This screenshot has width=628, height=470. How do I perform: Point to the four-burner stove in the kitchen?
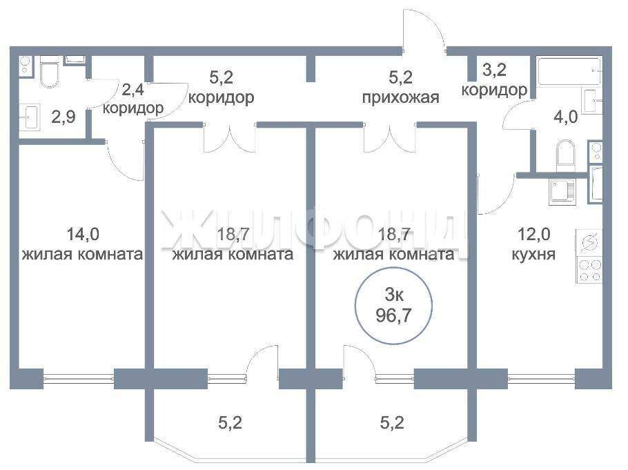[x=589, y=270]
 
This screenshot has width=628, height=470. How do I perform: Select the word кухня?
[x=533, y=254]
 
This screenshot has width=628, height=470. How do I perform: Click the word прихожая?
[x=400, y=97]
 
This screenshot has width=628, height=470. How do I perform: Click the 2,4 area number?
[x=133, y=90]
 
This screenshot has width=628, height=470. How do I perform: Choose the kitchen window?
[x=542, y=378]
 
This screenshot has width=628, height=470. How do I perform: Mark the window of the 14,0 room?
[x=78, y=378]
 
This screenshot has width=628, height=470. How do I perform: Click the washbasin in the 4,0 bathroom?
[x=591, y=100]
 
